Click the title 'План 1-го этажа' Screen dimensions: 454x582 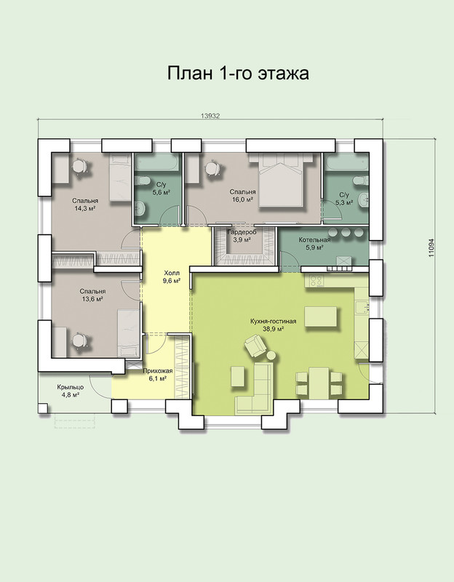238,73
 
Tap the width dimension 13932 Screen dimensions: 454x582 210,116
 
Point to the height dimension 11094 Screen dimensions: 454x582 431,248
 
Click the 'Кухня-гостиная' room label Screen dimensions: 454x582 273,322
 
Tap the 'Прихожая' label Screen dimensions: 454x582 158,371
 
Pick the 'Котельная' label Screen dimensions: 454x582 314,240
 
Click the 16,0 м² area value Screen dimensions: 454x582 243,199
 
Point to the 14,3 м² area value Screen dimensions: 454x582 85,208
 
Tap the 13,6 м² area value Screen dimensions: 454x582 92,299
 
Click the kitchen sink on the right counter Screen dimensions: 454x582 361,307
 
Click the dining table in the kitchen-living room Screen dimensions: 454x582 319,383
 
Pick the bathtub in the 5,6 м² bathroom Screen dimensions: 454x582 157,163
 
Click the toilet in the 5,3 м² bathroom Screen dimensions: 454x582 361,181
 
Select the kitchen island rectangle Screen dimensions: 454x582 321,316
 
